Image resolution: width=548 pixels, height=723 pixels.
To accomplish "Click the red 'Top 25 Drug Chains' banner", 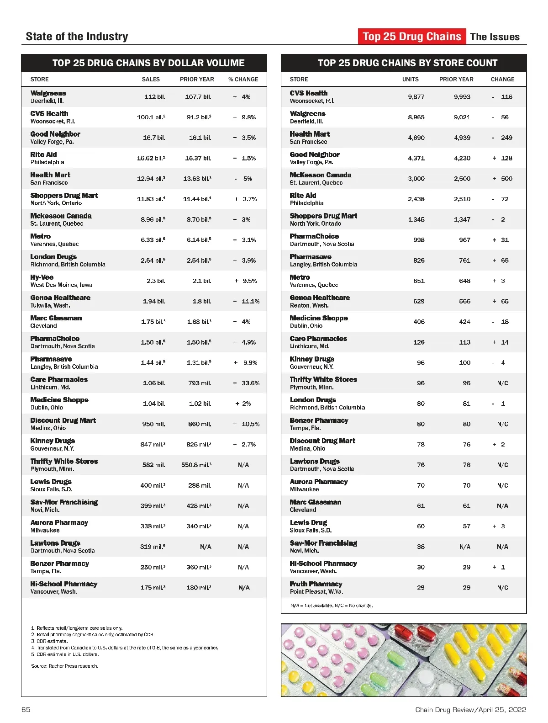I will coord(412,37).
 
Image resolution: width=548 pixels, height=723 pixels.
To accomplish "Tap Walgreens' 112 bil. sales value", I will coord(154,97).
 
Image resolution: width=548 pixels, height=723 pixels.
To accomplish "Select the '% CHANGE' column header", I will coord(243,79).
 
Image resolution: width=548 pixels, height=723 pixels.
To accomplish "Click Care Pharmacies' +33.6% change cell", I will coord(246,383).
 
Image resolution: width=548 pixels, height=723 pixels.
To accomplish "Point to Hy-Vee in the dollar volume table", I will coord(42,277).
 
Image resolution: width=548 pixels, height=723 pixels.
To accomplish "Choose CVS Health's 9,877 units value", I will coord(416,97).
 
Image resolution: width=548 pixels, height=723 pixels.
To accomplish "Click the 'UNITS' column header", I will coord(410,79).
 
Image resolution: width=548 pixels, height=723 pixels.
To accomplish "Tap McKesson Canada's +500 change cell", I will coord(502,179).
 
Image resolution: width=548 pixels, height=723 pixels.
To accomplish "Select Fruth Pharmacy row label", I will coord(316,584).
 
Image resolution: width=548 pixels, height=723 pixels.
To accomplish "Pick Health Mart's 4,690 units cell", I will coord(416,138).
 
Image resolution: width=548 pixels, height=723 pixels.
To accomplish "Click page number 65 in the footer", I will coord(26,709).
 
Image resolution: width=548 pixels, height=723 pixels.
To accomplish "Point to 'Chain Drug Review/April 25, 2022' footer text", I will coord(470,709).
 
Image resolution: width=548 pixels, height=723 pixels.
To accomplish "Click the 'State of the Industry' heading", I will coord(77,37).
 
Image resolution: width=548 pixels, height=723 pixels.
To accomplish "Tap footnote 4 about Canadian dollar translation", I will coord(125,648).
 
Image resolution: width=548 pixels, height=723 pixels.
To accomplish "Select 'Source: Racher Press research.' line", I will coord(65,666).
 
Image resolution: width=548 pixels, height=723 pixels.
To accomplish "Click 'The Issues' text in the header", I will coord(495,37).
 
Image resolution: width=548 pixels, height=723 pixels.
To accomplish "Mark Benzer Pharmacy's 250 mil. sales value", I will coord(153,567).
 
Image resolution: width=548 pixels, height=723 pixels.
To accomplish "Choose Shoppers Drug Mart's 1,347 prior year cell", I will coord(462,219).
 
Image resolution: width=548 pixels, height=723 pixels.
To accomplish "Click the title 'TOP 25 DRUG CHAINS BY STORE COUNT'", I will coord(407,63).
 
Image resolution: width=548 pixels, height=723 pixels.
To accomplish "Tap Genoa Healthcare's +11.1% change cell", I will coord(246,301).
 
